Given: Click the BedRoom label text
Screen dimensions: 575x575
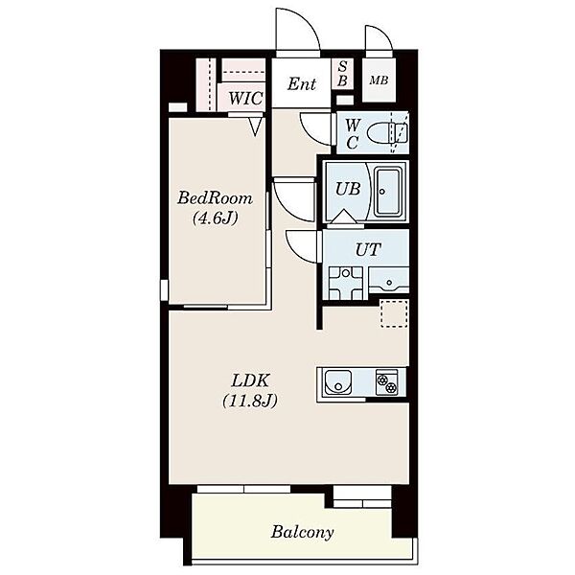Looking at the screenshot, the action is pyautogui.click(x=216, y=198).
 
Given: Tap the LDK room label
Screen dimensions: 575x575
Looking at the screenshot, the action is pyautogui.click(x=251, y=381).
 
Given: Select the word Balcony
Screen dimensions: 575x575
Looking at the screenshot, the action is pyautogui.click(x=302, y=532).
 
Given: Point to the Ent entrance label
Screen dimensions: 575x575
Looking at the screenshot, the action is pyautogui.click(x=302, y=84).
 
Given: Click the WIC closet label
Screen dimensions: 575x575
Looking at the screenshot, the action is pyautogui.click(x=245, y=99).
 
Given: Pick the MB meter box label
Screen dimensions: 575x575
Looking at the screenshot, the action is pyautogui.click(x=379, y=80).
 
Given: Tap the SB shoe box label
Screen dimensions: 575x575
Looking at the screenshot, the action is pyautogui.click(x=342, y=74).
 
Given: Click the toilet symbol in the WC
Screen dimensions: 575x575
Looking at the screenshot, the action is pyautogui.click(x=387, y=132).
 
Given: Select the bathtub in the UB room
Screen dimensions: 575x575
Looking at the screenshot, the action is pyautogui.click(x=389, y=192).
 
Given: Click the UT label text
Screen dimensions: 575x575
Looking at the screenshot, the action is pyautogui.click(x=368, y=250).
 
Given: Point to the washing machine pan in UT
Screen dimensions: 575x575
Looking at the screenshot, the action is pyautogui.click(x=345, y=284).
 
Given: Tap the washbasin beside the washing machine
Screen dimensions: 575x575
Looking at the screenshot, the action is pyautogui.click(x=389, y=281).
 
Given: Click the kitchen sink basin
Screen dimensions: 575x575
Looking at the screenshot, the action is pyautogui.click(x=337, y=382).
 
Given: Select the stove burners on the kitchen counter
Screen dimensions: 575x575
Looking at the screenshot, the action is pyautogui.click(x=387, y=382).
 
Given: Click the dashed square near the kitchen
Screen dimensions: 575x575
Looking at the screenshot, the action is pyautogui.click(x=394, y=313).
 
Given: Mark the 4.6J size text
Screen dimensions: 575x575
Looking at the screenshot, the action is pyautogui.click(x=216, y=218).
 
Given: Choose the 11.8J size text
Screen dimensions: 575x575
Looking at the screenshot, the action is pyautogui.click(x=250, y=401).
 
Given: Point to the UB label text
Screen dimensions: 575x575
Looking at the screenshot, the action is pyautogui.click(x=348, y=189).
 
